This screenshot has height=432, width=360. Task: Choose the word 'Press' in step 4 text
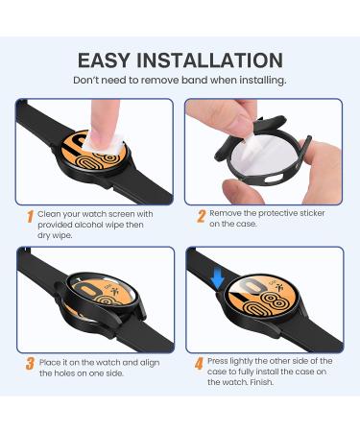tap(223, 361)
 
